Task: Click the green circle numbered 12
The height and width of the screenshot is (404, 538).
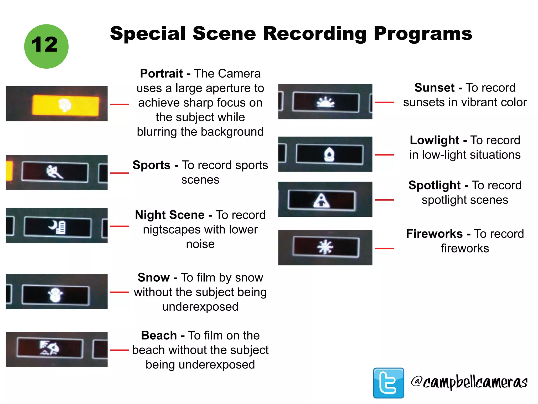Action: tap(46, 47)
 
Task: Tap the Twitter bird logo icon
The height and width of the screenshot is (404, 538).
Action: tap(389, 383)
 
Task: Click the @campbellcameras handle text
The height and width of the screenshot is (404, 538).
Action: tap(469, 382)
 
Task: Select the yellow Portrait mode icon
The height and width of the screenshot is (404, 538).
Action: tap(65, 105)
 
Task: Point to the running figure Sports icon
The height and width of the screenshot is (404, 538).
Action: tap(55, 172)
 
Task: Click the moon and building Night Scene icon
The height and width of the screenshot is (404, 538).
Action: tap(58, 227)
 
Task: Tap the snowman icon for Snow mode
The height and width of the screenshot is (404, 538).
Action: tap(55, 295)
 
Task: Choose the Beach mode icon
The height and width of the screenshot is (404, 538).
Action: tap(49, 348)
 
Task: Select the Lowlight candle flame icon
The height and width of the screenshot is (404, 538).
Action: tap(329, 154)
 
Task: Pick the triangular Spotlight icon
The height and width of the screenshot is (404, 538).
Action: tap(321, 200)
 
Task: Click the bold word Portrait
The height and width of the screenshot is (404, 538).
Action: tap(161, 73)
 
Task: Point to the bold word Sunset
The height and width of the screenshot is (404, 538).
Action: tap(434, 88)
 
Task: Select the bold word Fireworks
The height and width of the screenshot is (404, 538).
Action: tap(434, 234)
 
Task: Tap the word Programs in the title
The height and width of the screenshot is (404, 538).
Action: tap(423, 34)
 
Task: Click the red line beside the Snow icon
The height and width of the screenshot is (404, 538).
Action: tap(120, 292)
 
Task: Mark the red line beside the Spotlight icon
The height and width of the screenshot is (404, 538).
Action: tap(384, 200)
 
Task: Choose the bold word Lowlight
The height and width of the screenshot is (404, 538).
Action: tap(434, 140)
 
